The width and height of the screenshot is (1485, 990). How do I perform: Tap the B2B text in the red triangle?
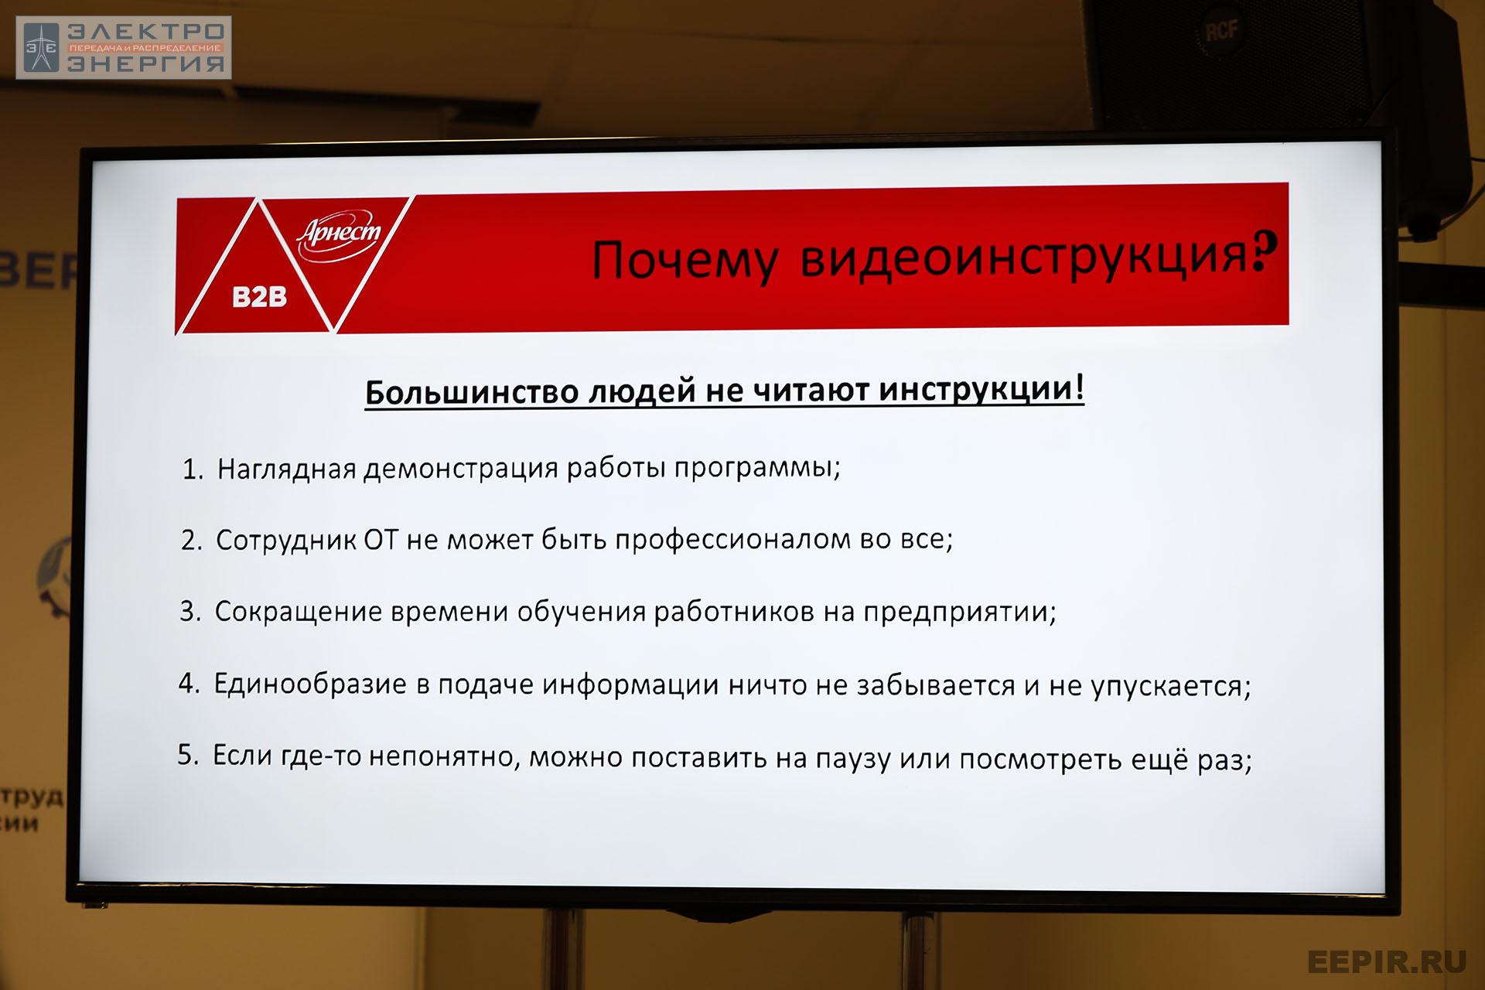coord(259,296)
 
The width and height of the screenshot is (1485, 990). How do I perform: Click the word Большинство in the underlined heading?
coord(471,391)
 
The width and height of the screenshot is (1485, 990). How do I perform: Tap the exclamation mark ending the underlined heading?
coord(1079,387)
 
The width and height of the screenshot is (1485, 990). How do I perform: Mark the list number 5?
coord(188,754)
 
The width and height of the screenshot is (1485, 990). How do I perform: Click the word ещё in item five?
coord(1161,760)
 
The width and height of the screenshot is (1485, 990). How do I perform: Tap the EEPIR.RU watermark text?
coord(1387,961)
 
